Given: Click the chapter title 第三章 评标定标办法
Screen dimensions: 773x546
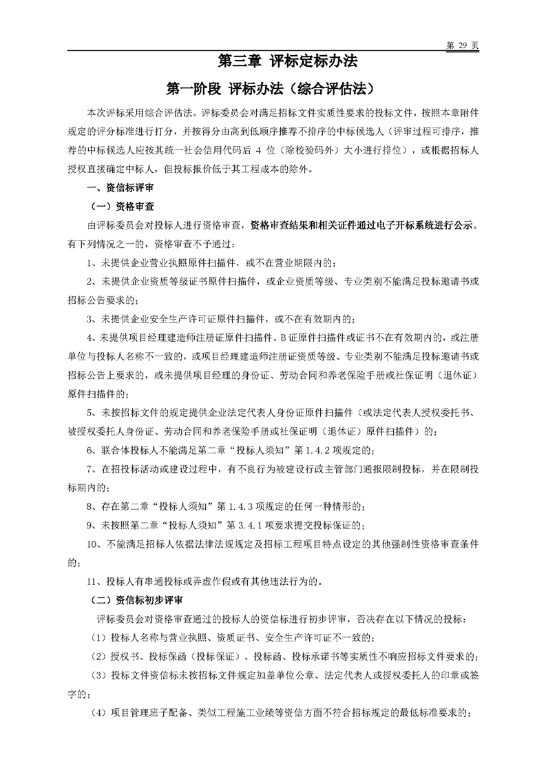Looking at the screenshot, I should tap(287, 61).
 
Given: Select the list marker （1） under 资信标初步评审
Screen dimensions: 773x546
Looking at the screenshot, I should tap(99, 637).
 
